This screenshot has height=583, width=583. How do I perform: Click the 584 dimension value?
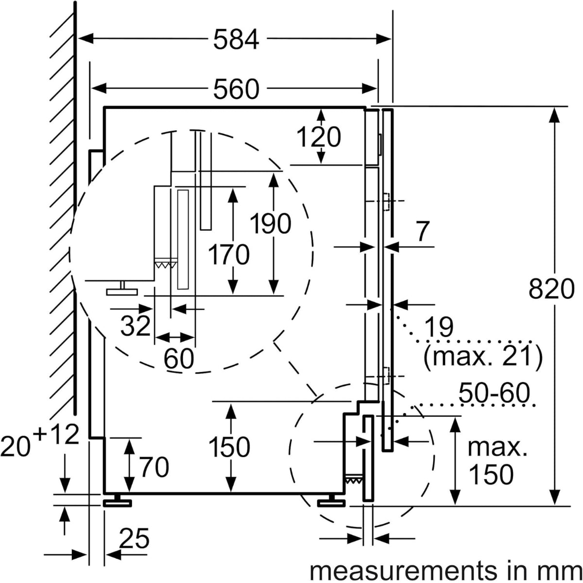[236, 39]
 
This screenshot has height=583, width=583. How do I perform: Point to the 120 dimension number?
[319, 137]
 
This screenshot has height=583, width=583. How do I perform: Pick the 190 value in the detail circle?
[271, 223]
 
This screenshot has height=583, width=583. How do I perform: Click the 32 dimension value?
[136, 326]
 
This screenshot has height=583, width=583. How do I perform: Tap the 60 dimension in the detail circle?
[179, 358]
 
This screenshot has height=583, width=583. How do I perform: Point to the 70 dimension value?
[154, 467]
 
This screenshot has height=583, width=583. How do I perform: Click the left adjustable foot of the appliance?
[118, 501]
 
